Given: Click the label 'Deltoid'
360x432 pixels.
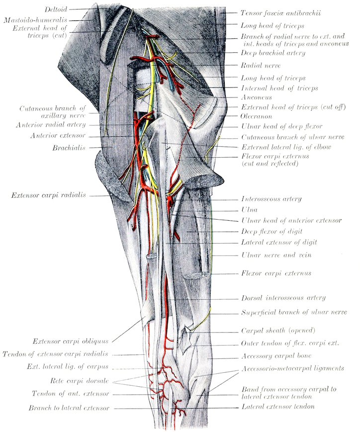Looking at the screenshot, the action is [56, 9].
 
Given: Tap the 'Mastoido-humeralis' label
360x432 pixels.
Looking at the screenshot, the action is [36, 20].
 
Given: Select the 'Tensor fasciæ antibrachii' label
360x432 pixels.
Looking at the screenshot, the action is [280, 13].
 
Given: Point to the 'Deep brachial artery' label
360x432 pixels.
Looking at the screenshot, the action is [273, 53].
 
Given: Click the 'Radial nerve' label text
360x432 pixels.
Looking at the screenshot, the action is [261, 65].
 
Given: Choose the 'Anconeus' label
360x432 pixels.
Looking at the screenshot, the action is [257, 97].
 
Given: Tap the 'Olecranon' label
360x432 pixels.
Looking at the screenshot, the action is [257, 116].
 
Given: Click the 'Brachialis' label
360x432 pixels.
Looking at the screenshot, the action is [69, 148].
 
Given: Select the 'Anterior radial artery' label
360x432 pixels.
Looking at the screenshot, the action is [51, 125].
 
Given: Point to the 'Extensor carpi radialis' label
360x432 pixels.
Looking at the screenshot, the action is [49, 195].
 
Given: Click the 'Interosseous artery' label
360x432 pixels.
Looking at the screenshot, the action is [271, 199].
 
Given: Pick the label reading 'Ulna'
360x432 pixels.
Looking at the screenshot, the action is [249, 210].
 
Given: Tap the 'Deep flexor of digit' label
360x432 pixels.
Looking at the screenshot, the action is [272, 232].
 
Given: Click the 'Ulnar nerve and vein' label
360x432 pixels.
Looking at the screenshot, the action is [276, 255].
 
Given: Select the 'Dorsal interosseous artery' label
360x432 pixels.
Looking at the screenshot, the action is [283, 298].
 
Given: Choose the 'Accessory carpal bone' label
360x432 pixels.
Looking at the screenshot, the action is [276, 356].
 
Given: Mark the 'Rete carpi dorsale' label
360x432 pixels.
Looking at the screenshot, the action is [80, 381].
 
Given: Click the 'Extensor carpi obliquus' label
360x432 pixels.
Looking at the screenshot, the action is [71, 342].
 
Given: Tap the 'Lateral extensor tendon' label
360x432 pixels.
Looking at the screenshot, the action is [278, 406].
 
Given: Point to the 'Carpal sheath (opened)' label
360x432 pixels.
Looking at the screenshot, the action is [278, 330].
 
